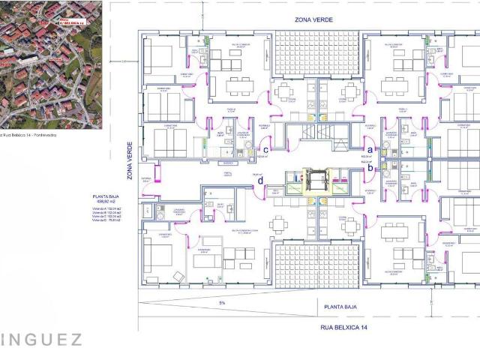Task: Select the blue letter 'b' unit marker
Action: tap(370, 169)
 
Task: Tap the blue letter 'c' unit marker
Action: tap(266, 150)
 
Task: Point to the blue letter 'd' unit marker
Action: tap(259, 180)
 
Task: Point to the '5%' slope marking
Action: tap(221, 303)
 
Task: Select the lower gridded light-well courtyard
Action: tap(317, 266)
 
